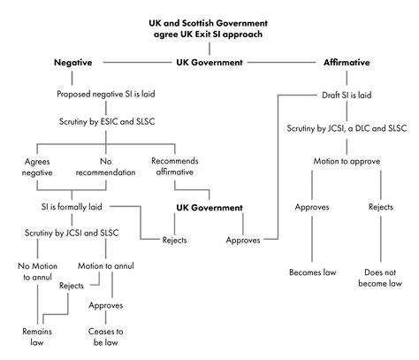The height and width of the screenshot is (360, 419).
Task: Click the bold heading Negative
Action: (74, 63)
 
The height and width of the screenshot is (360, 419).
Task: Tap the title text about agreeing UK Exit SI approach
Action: (209, 27)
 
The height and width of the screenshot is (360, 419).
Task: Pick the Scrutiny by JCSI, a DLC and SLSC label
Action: (347, 128)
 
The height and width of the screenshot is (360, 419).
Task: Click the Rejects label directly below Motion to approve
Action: (381, 207)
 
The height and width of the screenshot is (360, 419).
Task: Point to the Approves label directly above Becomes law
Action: (311, 207)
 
